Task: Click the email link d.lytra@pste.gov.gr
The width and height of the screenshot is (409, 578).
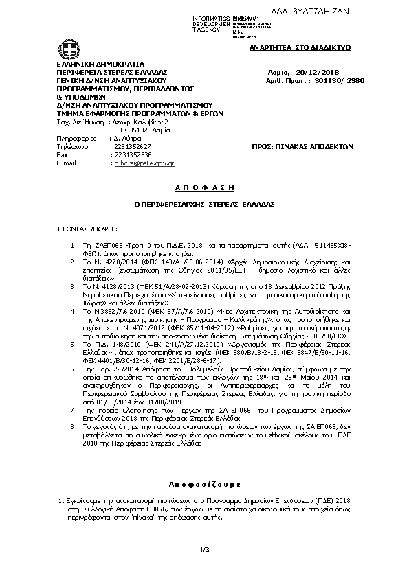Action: click(x=144, y=163)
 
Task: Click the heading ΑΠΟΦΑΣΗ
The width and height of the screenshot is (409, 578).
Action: click(x=204, y=187)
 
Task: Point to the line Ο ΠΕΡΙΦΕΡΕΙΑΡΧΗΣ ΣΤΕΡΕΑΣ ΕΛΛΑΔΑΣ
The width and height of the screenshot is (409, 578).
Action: click(x=204, y=205)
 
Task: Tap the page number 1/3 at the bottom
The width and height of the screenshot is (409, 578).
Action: click(x=204, y=549)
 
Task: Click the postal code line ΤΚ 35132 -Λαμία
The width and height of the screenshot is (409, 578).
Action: click(x=142, y=130)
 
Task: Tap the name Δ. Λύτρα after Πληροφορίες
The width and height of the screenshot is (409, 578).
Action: click(x=127, y=139)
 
